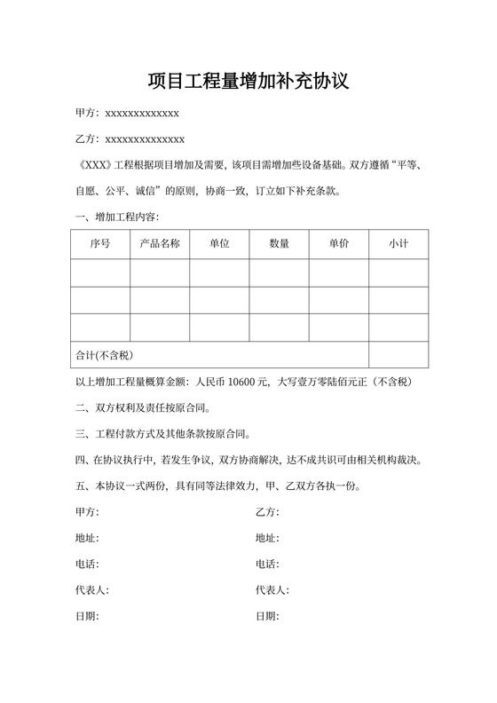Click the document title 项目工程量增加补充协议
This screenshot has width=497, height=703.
248,82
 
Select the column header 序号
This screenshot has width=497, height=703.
100,243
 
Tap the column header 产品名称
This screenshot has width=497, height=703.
160,243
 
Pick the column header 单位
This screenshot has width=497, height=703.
219,243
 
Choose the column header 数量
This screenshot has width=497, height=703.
279,243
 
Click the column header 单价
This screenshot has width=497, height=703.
338,243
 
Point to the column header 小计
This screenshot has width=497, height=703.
398,243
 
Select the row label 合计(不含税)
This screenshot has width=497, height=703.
104,355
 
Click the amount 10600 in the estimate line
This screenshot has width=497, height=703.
241,383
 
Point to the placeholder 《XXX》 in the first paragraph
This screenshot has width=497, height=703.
92,164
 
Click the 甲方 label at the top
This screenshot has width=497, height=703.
86,113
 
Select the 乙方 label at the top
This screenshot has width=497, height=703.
86,138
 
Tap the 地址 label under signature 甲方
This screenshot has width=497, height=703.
87,538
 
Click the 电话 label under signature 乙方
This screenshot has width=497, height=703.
266,564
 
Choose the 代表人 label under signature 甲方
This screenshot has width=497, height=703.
91,589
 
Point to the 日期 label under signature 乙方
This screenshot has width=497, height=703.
266,615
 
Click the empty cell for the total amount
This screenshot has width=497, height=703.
398,355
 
